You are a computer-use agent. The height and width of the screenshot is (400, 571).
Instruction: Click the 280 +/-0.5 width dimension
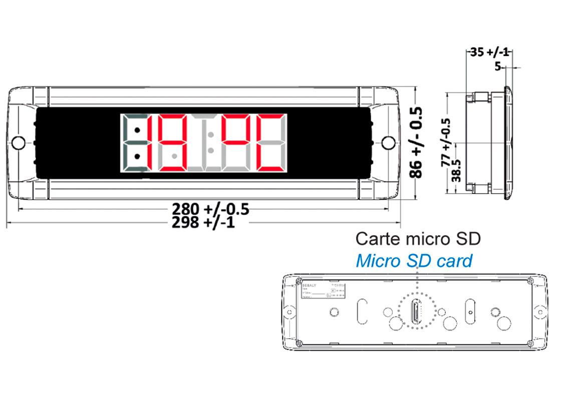point(210,208)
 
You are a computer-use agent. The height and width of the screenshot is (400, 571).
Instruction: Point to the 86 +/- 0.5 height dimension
point(415,142)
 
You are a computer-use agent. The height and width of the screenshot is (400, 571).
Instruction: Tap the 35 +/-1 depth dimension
point(489,52)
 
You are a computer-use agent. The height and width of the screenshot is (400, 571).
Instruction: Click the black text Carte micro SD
point(418,238)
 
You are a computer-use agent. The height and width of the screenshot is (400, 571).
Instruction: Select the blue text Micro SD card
point(414,260)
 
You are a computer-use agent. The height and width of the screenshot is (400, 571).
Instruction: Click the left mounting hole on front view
point(19,142)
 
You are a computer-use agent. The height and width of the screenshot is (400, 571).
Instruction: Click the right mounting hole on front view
point(388,142)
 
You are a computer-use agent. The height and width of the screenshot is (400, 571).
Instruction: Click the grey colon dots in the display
point(211,142)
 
